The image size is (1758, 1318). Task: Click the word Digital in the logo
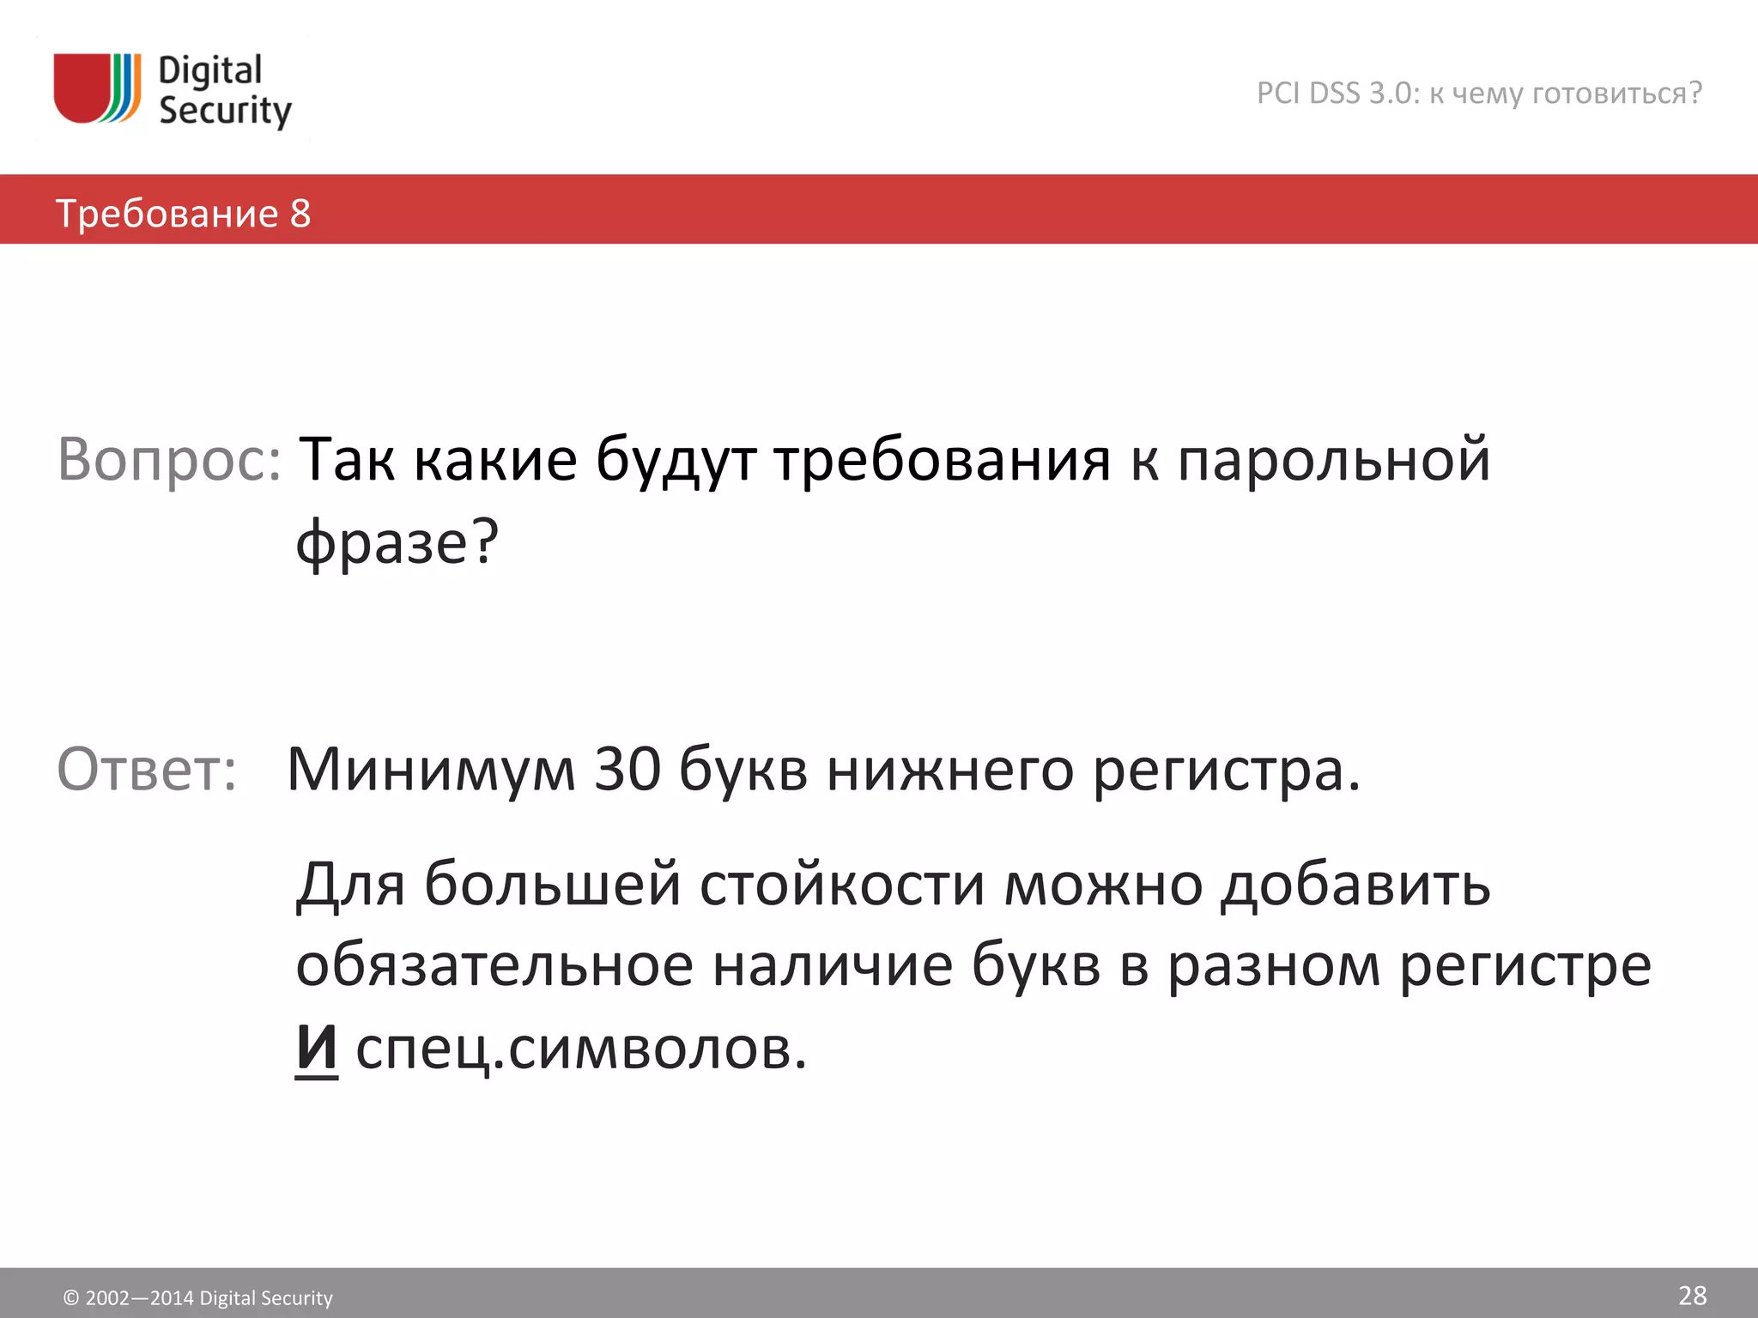[210, 70]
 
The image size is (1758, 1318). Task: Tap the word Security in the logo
[225, 112]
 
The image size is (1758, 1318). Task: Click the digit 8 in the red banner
[300, 214]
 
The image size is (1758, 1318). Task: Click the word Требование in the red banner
[167, 214]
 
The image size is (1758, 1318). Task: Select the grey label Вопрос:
[169, 460]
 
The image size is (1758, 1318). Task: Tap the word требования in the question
[943, 460]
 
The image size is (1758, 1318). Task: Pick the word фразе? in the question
[397, 543]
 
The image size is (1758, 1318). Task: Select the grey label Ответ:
[147, 769]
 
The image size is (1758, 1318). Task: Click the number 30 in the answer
[627, 769]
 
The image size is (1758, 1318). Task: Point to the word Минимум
[431, 769]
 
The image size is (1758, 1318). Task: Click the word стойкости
[842, 885]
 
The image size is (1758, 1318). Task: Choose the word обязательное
[494, 966]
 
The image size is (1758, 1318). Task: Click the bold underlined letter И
[317, 1048]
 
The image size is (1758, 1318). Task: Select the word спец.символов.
[581, 1049]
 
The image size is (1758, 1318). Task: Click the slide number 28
[1692, 1295]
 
